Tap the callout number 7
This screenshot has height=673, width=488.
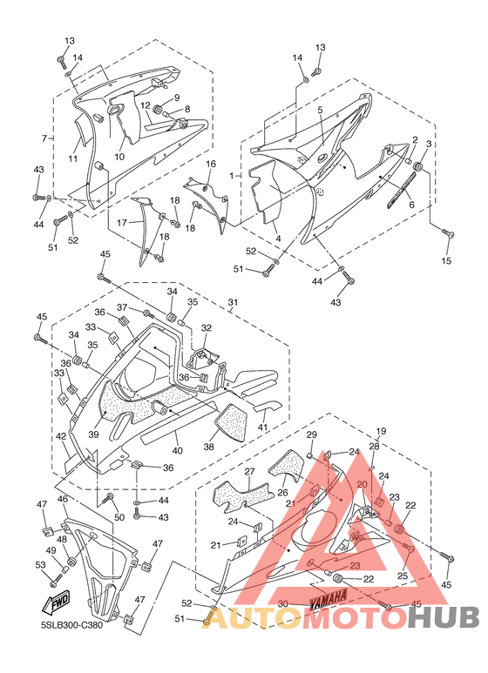point(44,138)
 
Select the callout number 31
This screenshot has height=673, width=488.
point(233,303)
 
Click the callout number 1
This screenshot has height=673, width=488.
point(232,176)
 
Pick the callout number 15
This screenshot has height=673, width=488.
point(447,260)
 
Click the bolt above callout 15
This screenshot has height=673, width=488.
point(448,233)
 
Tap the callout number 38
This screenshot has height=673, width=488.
point(209,447)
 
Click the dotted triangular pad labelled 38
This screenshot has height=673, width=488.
point(233,422)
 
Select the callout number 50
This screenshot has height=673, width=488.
point(119,517)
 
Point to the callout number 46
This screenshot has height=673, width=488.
point(63,499)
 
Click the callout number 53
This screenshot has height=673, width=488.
point(40,565)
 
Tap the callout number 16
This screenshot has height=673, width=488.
point(211,164)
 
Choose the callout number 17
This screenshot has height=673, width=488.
point(122,223)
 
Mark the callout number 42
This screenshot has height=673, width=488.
point(61,436)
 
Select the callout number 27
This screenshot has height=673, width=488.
point(249,472)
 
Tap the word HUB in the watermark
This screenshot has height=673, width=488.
point(444,618)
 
